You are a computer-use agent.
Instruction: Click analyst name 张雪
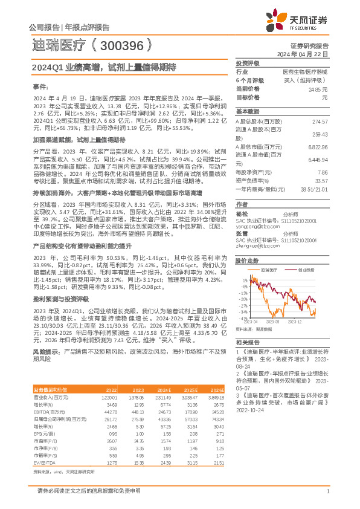pyautogui.click(x=241, y=233)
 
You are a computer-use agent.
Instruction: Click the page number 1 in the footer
pyautogui.click(x=327, y=491)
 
